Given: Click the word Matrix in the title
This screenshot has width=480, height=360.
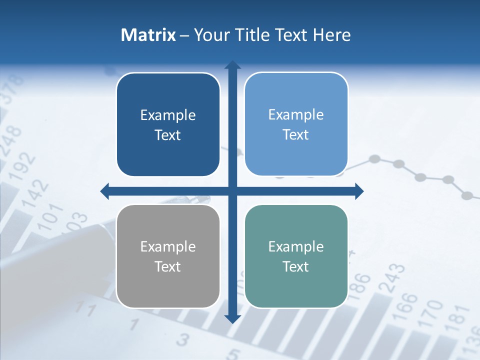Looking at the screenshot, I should pyautogui.click(x=148, y=35).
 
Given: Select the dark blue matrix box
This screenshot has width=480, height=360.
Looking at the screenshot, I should pyautogui.click(x=168, y=124).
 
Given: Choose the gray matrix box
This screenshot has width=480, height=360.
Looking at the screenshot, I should pyautogui.click(x=168, y=256).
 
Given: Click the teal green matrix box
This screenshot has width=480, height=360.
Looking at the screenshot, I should pyautogui.click(x=296, y=256).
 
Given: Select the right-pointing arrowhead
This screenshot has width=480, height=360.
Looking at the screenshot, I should pyautogui.click(x=359, y=191).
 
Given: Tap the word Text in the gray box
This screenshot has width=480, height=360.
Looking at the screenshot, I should pyautogui.click(x=167, y=266).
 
